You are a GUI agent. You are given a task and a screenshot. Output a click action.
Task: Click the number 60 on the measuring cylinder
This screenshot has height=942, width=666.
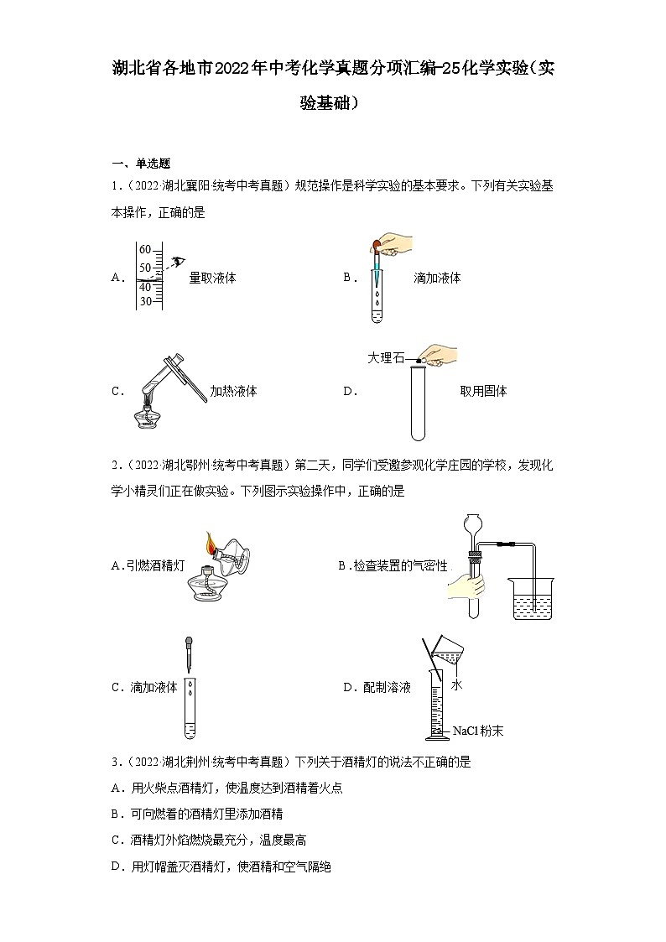click(x=145, y=249)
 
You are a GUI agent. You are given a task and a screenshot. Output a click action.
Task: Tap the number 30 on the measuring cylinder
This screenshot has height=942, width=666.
click(x=145, y=301)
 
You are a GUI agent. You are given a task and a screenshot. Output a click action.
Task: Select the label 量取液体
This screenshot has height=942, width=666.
click(x=212, y=278)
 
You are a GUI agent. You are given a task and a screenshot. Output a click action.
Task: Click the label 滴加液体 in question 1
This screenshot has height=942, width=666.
click(x=437, y=278)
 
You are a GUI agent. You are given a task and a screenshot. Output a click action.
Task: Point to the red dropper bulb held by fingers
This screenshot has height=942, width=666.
click(x=373, y=247)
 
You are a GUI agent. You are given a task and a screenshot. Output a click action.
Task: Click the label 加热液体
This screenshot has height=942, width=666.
click(x=233, y=391)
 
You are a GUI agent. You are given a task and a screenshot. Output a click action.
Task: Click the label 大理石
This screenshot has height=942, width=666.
click(x=385, y=358)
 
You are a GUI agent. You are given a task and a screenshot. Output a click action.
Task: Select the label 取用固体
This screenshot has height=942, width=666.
click(x=483, y=391)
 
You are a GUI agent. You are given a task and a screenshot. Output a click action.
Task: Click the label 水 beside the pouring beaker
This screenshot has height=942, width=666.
click(x=456, y=685)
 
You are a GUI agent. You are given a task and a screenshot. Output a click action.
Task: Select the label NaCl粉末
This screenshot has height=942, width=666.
click(x=478, y=731)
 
